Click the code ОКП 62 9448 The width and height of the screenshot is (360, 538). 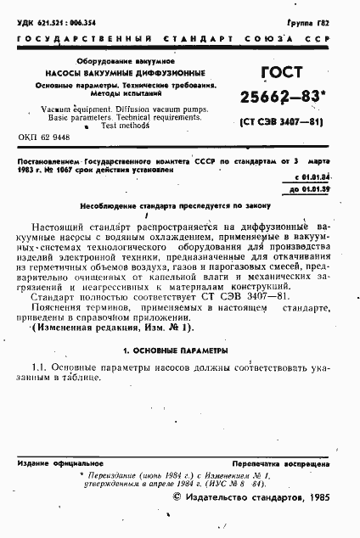coord(44,137)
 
